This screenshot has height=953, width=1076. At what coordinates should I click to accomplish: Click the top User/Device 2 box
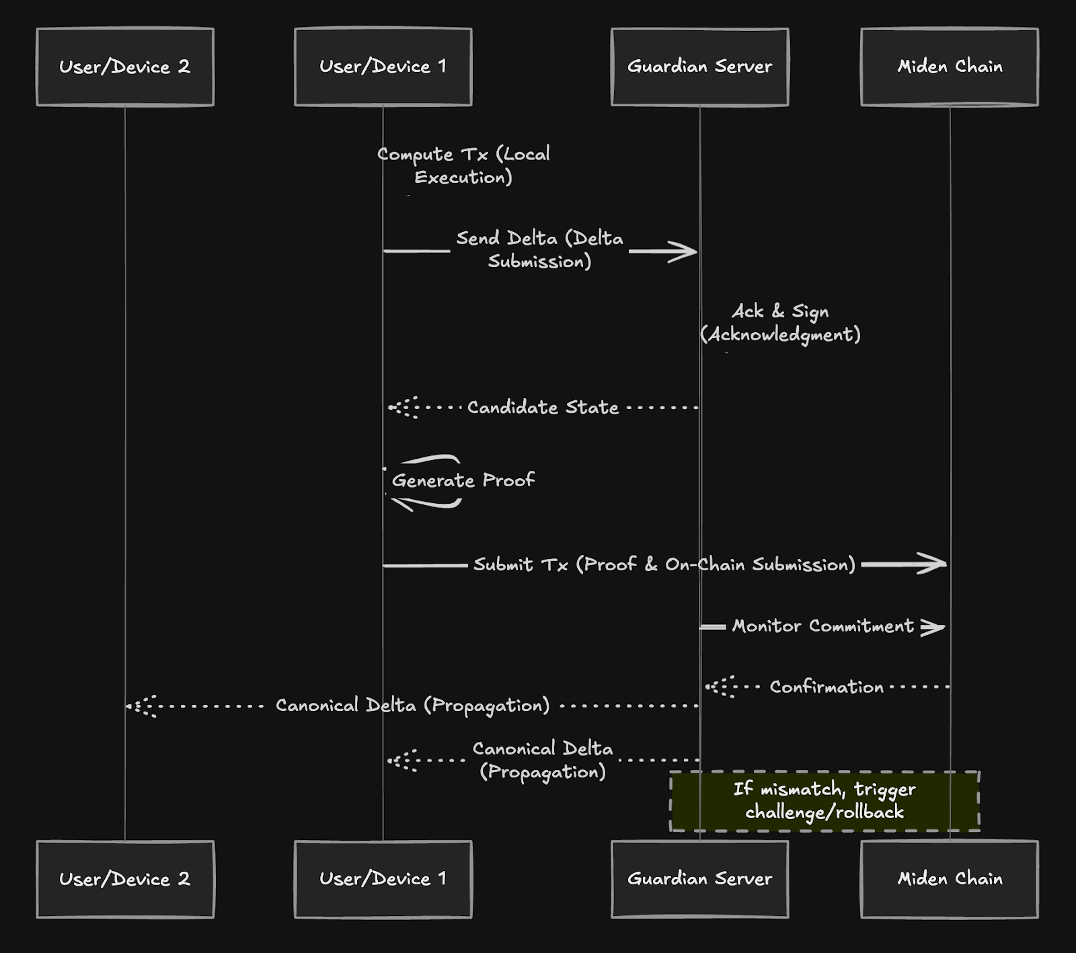point(125,67)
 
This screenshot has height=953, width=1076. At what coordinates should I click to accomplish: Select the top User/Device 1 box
point(383,67)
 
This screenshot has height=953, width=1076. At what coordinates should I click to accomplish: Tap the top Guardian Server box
point(699,67)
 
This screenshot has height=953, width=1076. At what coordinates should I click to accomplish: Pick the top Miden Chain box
point(950,67)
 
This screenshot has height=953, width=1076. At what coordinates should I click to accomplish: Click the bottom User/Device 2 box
point(125,879)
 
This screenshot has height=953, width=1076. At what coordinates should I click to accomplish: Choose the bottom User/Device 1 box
point(383,879)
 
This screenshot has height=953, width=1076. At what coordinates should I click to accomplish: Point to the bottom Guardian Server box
point(699,879)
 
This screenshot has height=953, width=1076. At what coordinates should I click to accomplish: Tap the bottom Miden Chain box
point(950,879)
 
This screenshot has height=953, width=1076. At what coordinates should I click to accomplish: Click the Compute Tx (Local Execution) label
point(463,165)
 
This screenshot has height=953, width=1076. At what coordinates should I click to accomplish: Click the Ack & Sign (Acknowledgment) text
point(780,323)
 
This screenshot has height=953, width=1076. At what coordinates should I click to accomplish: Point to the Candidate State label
point(543,408)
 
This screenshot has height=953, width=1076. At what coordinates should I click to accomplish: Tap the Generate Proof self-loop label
point(463,480)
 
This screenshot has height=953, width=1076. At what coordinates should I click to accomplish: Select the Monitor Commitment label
point(822,626)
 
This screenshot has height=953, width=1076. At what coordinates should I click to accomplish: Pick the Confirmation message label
point(827,687)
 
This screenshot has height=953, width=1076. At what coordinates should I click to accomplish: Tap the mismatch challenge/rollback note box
point(824,801)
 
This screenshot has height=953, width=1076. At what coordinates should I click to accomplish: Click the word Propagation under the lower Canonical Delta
point(543,771)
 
